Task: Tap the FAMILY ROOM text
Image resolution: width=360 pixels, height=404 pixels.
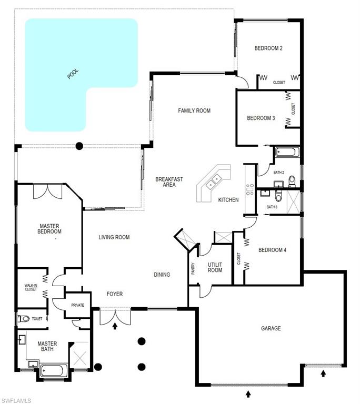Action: (x=194, y=110)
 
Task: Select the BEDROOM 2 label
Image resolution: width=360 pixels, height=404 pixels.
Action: (x=268, y=48)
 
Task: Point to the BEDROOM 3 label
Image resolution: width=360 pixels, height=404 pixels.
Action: (x=261, y=118)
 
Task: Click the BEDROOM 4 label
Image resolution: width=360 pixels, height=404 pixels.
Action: (x=272, y=250)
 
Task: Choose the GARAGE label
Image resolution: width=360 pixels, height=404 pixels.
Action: (x=271, y=329)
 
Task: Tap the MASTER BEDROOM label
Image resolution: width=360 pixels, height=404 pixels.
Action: (x=51, y=229)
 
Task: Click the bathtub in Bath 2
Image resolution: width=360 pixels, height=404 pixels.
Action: (x=287, y=153)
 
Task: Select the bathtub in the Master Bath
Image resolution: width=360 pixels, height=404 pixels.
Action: (x=52, y=370)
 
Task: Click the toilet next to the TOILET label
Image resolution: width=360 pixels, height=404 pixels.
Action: (x=24, y=319)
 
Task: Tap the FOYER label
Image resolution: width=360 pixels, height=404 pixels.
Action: (x=115, y=294)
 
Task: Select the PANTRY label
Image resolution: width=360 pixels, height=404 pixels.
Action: (x=193, y=268)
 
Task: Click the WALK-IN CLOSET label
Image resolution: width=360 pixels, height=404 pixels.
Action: (x=31, y=287)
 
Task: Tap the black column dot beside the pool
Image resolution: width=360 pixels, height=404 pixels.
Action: (x=79, y=146)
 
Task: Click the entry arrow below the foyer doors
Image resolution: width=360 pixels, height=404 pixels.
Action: (x=115, y=327)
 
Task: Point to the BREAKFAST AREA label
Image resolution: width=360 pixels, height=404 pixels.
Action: (x=169, y=182)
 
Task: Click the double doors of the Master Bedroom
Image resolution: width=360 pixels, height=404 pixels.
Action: (x=48, y=191)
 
